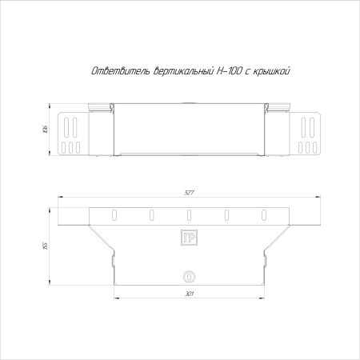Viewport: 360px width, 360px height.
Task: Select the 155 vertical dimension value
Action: pos(47,245)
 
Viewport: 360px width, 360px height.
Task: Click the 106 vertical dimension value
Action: pos(47,128)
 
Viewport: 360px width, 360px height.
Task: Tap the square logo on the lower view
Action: pos(189,238)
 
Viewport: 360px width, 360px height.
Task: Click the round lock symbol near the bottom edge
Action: pos(189,276)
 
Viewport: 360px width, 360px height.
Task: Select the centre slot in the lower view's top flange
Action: pos(189,214)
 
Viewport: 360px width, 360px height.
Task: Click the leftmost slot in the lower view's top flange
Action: pos(114,214)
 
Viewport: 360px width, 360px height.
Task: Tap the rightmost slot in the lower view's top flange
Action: pos(265,214)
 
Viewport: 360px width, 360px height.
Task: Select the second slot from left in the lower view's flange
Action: pos(151,214)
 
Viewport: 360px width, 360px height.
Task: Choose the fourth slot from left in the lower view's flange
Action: pos(227,214)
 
